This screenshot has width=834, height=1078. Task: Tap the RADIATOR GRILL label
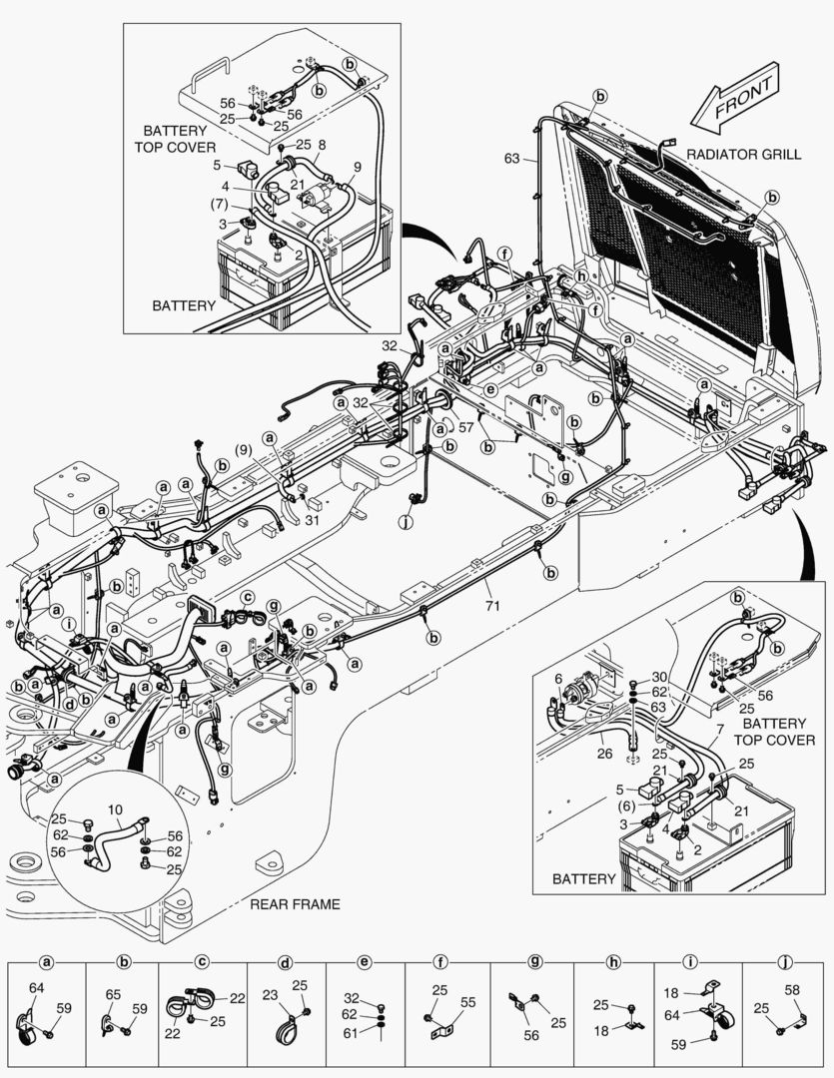(x=738, y=156)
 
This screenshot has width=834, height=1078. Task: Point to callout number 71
(x=490, y=605)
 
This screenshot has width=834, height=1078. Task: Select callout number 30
(x=659, y=678)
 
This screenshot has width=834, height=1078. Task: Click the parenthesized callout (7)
(x=220, y=204)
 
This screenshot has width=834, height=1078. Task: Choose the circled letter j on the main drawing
(x=406, y=520)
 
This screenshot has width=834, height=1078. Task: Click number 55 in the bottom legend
(x=467, y=1001)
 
